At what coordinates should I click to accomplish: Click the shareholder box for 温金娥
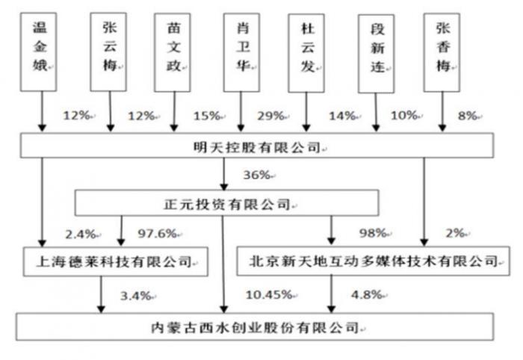38,52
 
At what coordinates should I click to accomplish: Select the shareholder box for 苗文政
173,53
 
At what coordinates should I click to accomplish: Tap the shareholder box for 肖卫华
242,53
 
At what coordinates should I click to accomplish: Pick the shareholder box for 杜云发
306,53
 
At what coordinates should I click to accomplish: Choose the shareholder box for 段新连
377,54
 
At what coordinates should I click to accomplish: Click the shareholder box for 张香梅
442,53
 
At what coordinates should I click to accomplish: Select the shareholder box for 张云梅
108,52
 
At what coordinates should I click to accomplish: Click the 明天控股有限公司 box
257,146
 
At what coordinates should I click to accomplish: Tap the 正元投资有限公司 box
227,203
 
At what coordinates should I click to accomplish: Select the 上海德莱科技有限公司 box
116,261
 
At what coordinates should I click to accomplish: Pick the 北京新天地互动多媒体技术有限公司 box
374,261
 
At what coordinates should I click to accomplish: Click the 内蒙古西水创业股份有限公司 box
255,326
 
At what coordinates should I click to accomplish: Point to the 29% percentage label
270,116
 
